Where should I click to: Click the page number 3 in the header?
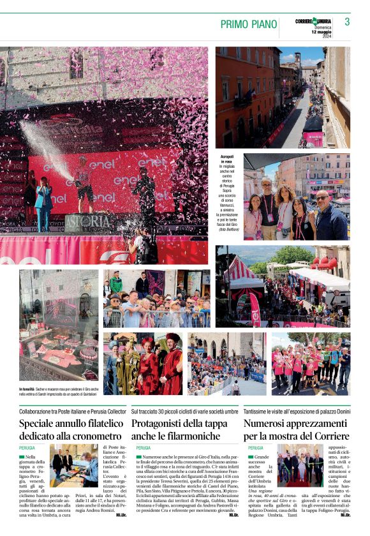click(347, 22)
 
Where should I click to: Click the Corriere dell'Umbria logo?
click(313, 21)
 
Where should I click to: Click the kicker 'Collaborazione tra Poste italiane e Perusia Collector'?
click(73, 412)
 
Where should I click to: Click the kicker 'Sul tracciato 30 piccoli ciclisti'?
click(184, 412)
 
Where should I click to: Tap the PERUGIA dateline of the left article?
click(27, 448)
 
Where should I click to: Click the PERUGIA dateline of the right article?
click(255, 448)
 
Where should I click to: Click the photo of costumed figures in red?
click(143, 364)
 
